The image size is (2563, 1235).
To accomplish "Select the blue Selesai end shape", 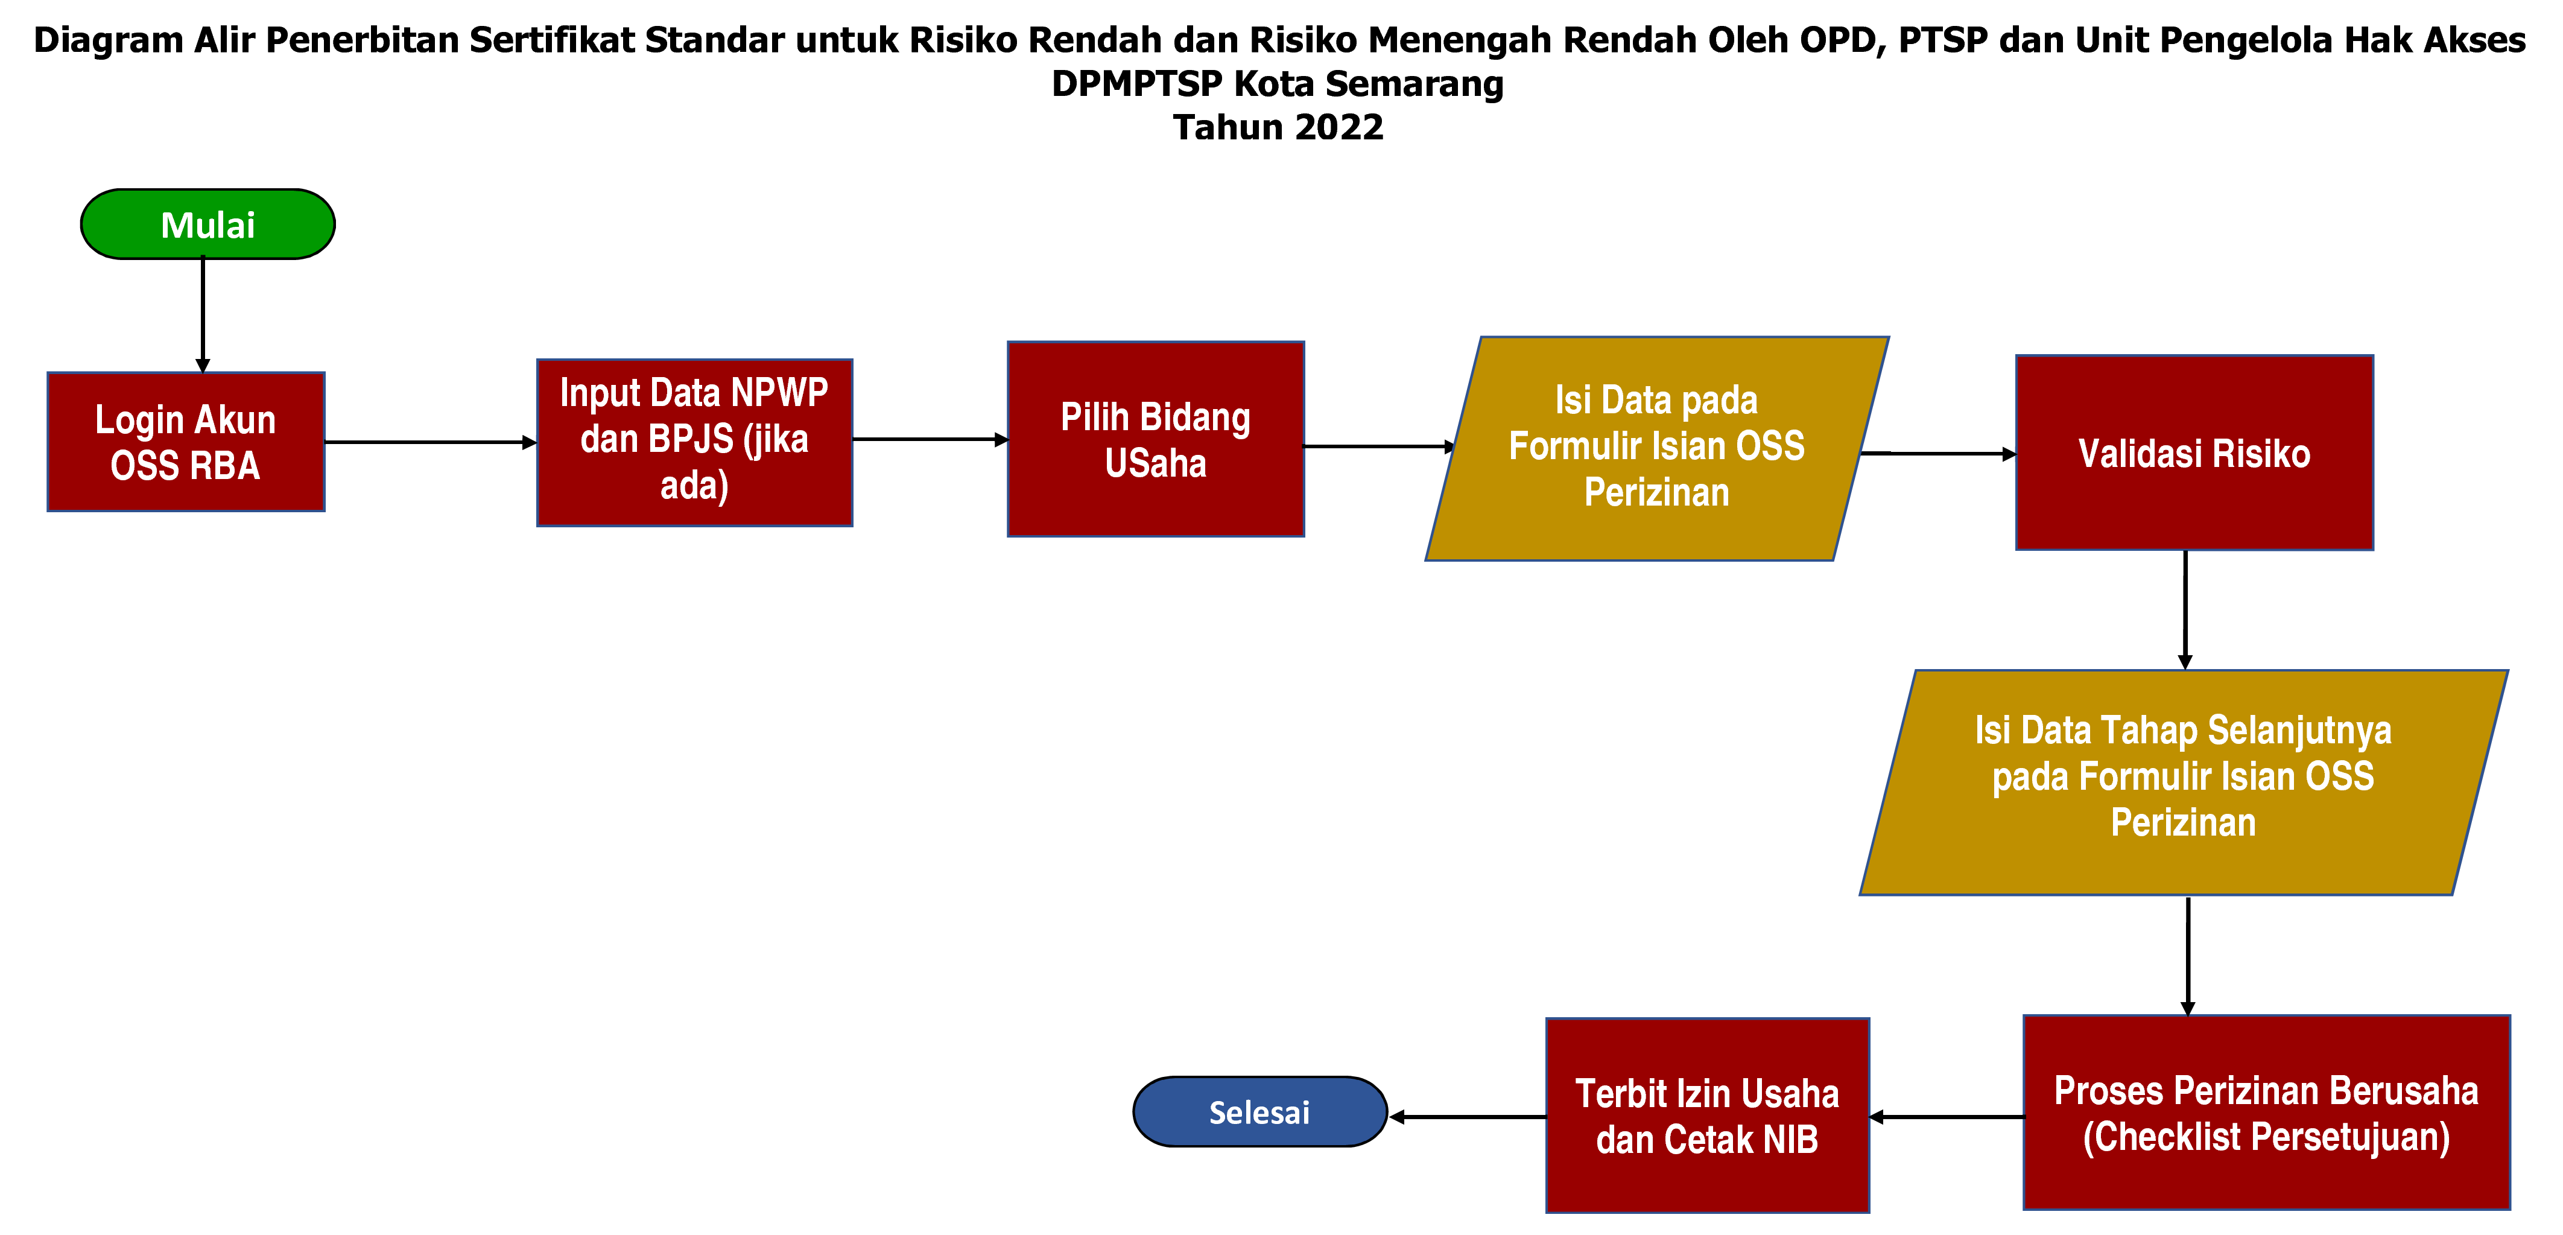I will click(1259, 1111).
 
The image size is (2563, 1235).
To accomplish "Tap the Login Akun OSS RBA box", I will click(186, 442).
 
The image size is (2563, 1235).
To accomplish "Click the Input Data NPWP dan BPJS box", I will click(694, 442).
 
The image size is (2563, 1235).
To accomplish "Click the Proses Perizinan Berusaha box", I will click(2266, 1113).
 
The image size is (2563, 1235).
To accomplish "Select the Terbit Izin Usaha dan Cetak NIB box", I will click(1706, 1116).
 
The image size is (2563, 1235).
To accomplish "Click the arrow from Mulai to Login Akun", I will click(203, 314).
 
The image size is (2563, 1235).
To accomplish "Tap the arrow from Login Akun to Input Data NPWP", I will click(430, 442).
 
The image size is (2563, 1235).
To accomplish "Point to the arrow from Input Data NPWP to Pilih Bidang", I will click(930, 439).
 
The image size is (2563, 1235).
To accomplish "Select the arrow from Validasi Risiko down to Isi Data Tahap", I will click(2185, 609).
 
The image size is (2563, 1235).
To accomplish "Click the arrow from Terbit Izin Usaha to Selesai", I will click(1468, 1117).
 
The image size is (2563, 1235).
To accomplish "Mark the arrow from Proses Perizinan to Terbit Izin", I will click(1946, 1117).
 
